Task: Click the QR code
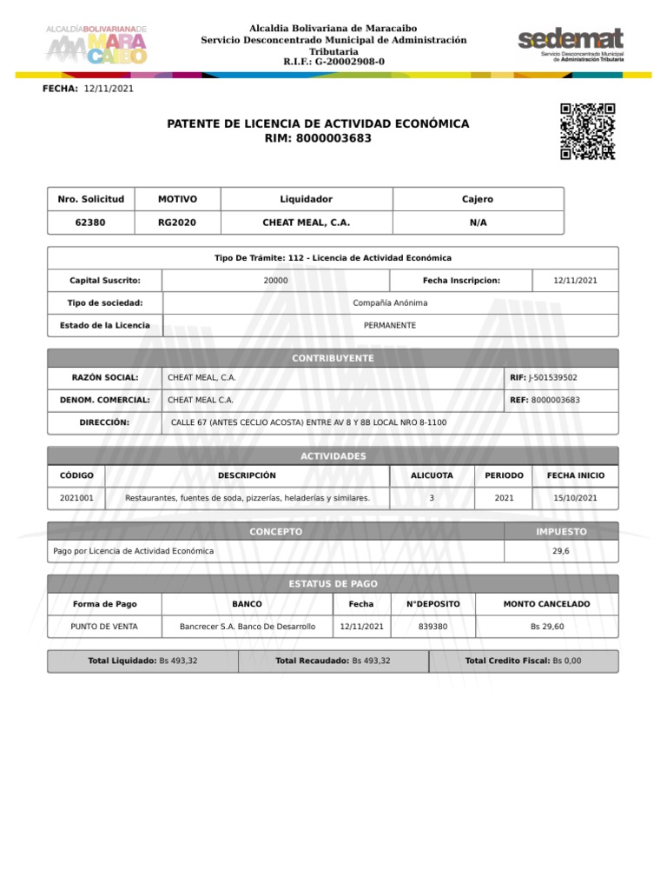[587, 131]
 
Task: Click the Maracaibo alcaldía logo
[96, 46]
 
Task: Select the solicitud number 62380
[90, 222]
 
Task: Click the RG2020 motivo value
[177, 222]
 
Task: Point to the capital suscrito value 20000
[276, 281]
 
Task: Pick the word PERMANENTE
[390, 325]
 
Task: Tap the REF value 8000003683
[555, 400]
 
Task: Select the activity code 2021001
[77, 498]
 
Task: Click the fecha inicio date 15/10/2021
[575, 498]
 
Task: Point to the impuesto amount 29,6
[560, 551]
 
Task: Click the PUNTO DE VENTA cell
[104, 626]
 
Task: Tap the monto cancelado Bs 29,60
[546, 626]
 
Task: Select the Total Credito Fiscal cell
[523, 661]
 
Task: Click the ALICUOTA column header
[432, 475]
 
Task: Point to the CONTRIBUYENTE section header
[333, 358]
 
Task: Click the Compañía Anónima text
[390, 302]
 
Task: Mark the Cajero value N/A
[478, 222]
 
